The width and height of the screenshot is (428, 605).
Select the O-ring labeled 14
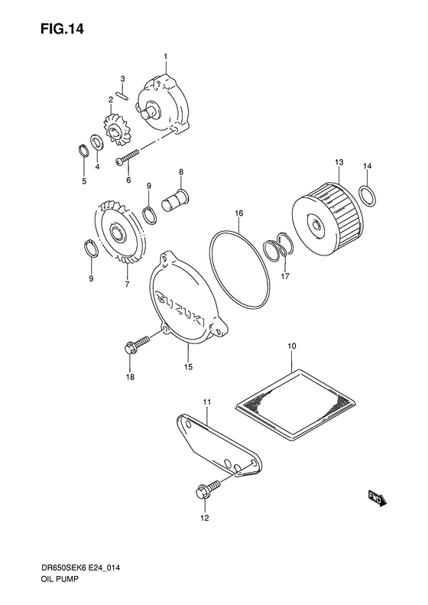(x=366, y=195)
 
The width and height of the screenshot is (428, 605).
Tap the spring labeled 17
(x=277, y=249)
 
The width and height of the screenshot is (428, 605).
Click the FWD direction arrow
(x=377, y=499)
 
